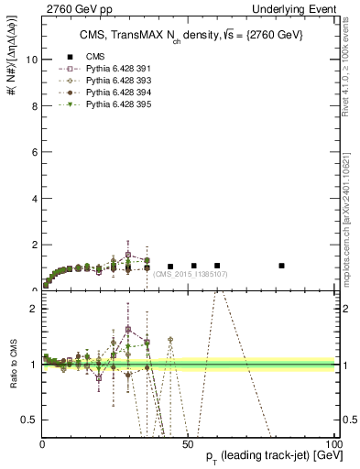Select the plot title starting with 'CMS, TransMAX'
(x=190, y=35)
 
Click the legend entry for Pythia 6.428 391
(x=113, y=69)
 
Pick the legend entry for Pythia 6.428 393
(x=113, y=81)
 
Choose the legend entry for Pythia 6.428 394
(x=113, y=93)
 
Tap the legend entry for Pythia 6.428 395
(x=113, y=104)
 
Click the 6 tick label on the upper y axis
(x=34, y=152)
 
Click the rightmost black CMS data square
(x=282, y=266)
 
